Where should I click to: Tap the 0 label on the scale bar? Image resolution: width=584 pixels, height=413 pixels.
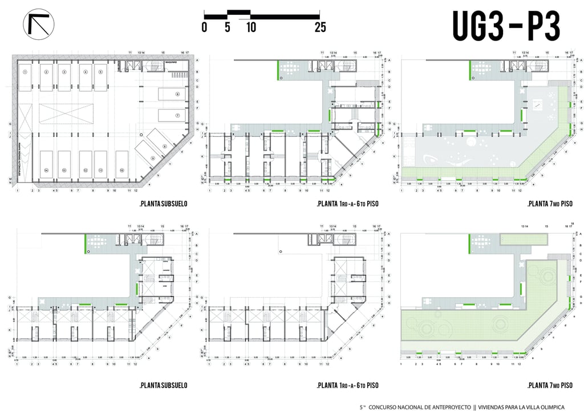[x=204, y=27]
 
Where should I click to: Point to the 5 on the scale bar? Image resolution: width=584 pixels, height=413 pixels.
[x=228, y=27]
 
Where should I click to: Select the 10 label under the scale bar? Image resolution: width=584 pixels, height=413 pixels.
[x=251, y=27]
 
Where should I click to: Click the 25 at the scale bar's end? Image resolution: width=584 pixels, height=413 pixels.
[x=320, y=27]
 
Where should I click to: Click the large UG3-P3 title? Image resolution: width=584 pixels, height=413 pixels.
[x=506, y=25]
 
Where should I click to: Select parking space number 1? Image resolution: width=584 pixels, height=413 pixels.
[x=26, y=72]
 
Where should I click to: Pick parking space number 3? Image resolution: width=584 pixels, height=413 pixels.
[x=64, y=72]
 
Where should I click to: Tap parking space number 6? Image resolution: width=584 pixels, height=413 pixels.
[x=177, y=94]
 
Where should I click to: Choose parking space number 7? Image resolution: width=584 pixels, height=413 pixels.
[x=177, y=116]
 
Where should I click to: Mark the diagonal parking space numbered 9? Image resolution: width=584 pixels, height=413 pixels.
[x=153, y=157]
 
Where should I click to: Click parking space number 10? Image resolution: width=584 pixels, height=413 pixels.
[x=121, y=170]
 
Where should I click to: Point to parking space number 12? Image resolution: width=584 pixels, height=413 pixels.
[x=85, y=170]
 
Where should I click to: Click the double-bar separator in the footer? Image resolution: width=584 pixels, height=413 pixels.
[x=475, y=407]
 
